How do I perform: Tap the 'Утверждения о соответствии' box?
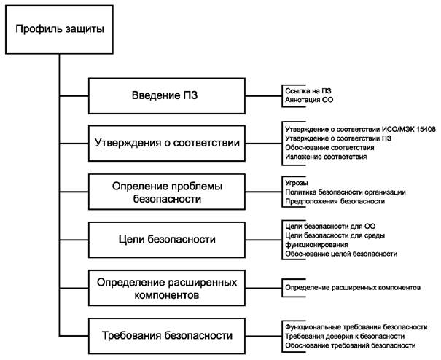pos(167,141)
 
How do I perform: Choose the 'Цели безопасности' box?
pos(167,238)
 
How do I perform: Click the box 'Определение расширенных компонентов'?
pos(167,288)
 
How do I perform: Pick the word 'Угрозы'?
pos(295,181)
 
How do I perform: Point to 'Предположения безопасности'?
pos(332,200)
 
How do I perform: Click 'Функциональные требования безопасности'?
pos(354,327)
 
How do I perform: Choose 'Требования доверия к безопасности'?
pos(343,337)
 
